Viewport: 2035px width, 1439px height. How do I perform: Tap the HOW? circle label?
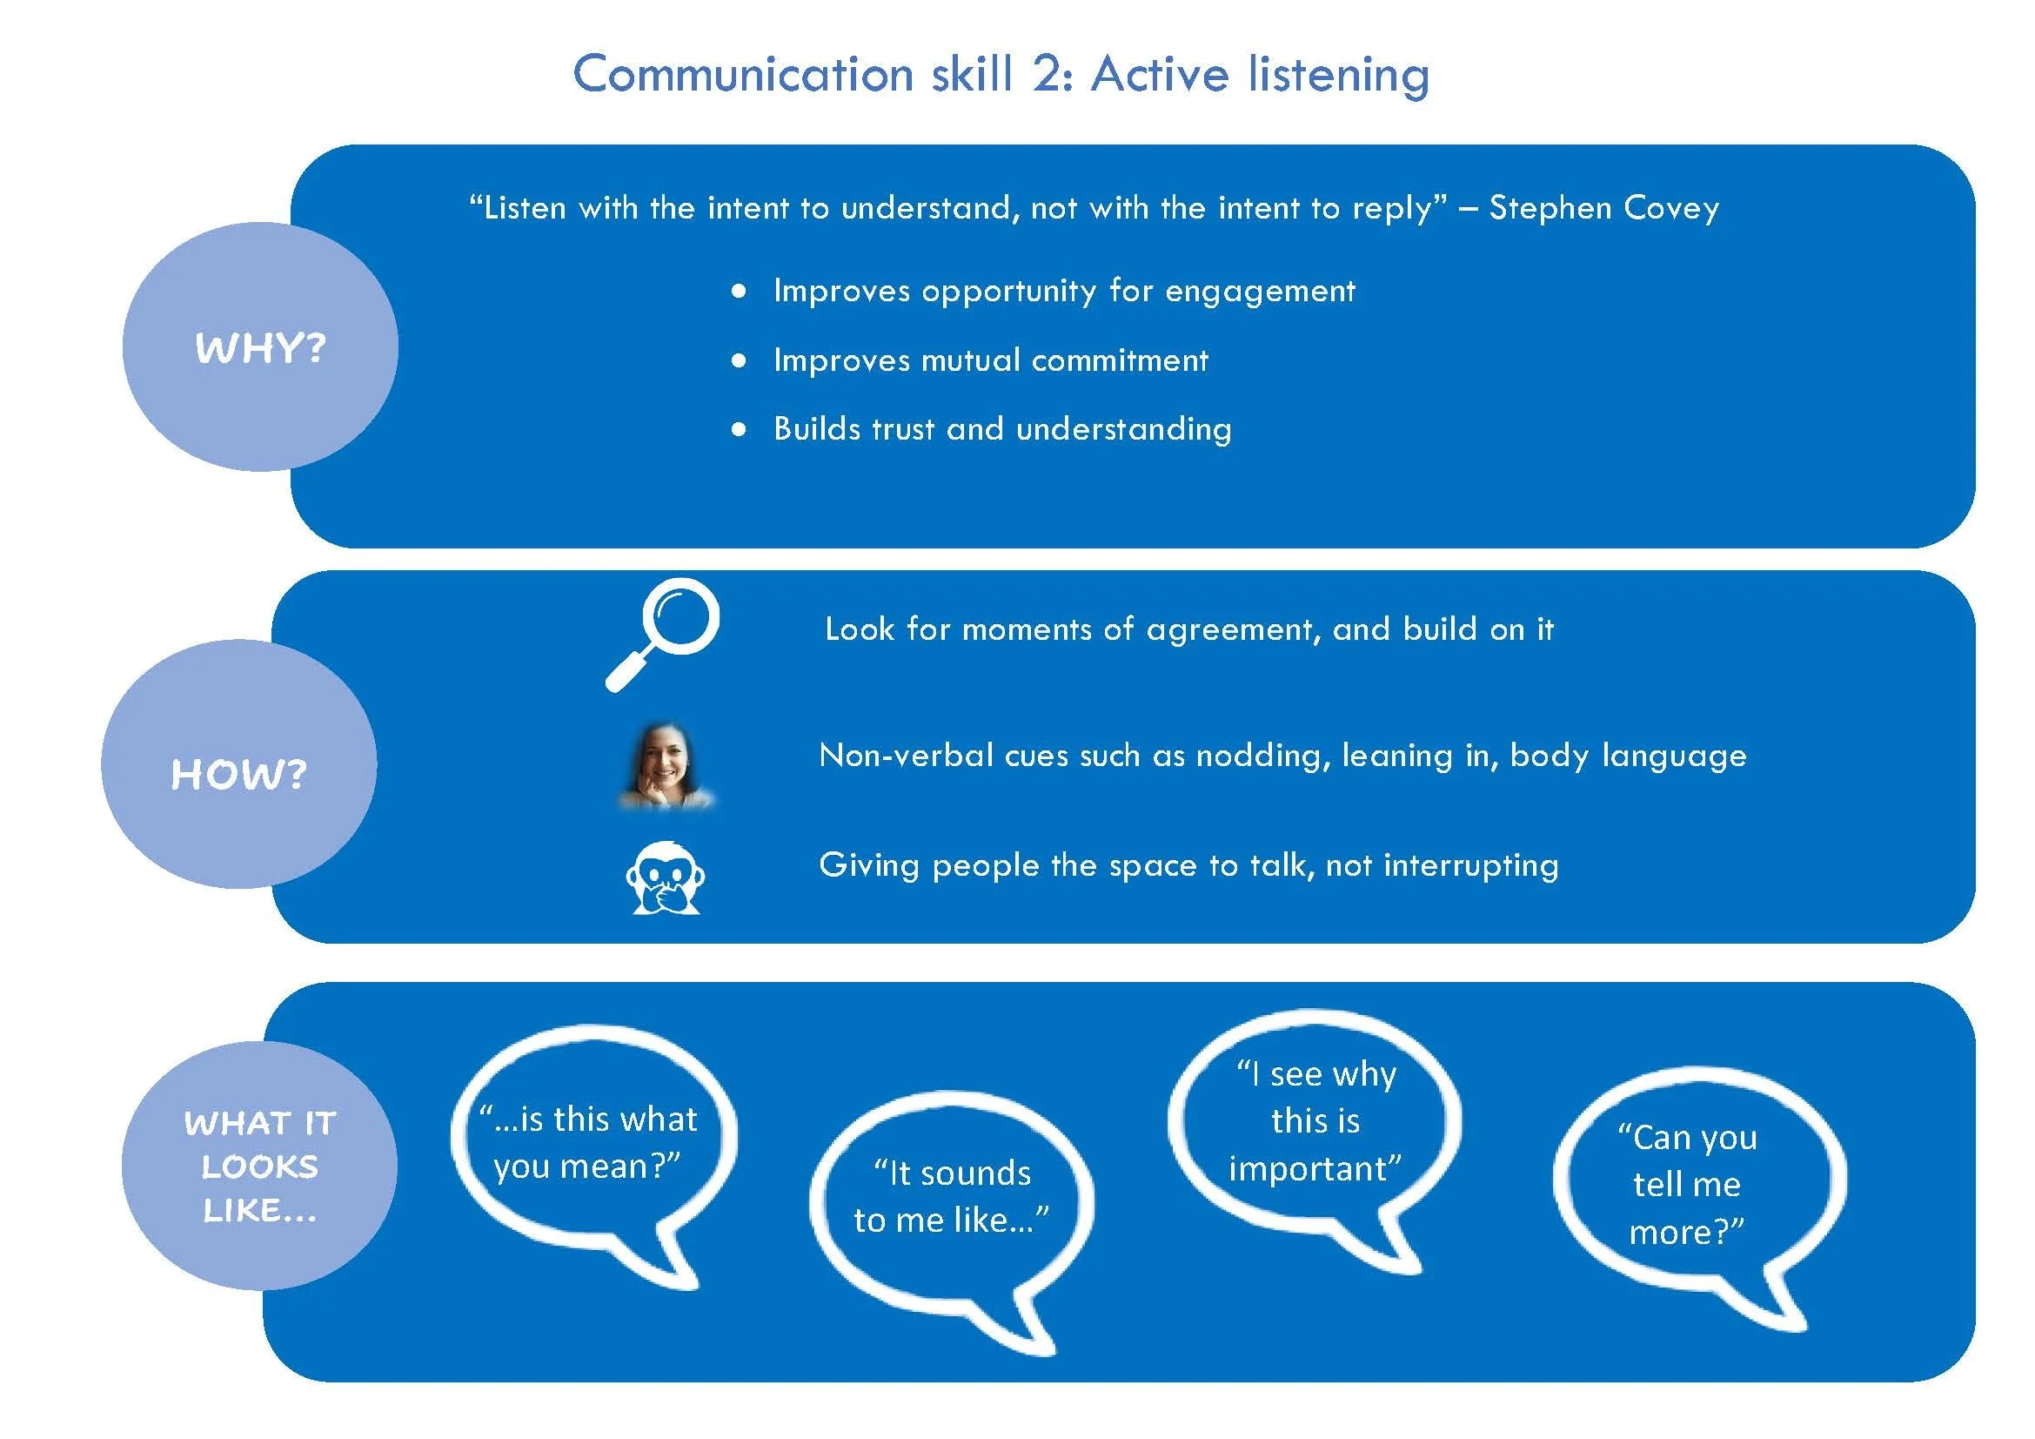pyautogui.click(x=238, y=773)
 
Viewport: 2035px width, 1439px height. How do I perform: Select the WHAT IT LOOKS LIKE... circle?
pyautogui.click(x=259, y=1165)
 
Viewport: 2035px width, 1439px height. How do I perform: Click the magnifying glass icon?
pyautogui.click(x=664, y=633)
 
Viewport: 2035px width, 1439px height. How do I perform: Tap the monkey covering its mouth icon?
pyautogui.click(x=664, y=878)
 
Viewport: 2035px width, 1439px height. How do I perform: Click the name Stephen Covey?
pyautogui.click(x=1603, y=207)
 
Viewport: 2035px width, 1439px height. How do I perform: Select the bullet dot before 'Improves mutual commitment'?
pyautogui.click(x=740, y=360)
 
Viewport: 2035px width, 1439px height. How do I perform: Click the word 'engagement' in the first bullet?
pyautogui.click(x=1260, y=291)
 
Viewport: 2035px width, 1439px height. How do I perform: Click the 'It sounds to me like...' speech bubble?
pyautogui.click(x=951, y=1197)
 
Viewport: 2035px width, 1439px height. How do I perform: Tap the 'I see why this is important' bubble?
pyautogui.click(x=1315, y=1121)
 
